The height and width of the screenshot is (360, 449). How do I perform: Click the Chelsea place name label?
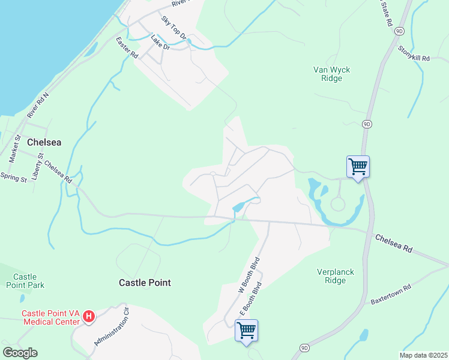point(44,142)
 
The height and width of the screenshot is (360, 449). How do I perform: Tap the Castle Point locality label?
point(145,283)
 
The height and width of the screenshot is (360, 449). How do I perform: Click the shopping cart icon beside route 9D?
point(358,166)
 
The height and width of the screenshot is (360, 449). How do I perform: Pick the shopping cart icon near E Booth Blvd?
point(246,329)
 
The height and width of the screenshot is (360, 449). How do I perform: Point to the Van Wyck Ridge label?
point(331,74)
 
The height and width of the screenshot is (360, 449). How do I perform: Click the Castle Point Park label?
point(29,281)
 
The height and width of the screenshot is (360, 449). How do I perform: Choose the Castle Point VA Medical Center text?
point(50,317)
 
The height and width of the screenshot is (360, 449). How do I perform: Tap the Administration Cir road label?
point(112,327)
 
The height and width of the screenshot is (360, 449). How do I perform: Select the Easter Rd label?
point(127,47)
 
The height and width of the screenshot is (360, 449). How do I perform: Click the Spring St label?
point(14,178)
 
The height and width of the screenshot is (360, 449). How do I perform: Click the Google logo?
point(20,353)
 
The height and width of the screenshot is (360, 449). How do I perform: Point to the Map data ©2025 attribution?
point(423,355)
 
